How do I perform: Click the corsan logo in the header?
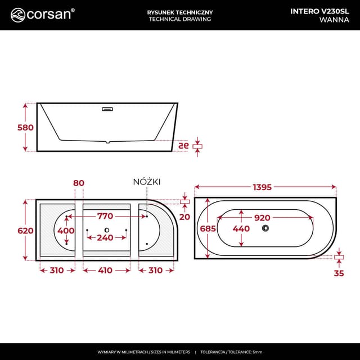(42, 14)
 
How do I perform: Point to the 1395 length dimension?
(264, 186)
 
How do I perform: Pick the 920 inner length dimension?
(262, 217)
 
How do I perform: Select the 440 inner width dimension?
(241, 228)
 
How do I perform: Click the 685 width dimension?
(208, 228)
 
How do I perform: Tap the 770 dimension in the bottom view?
(105, 216)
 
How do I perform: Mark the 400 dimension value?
(66, 231)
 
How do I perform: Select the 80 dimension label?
(79, 183)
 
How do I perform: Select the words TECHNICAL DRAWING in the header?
(179, 19)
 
